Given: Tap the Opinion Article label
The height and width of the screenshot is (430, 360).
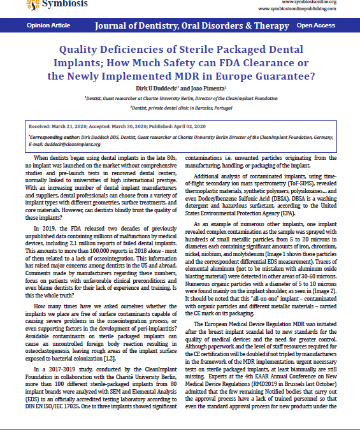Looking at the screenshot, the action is pyautogui.click(x=48, y=25).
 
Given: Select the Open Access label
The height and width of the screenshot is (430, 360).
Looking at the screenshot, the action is pyautogui.click(x=315, y=25).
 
